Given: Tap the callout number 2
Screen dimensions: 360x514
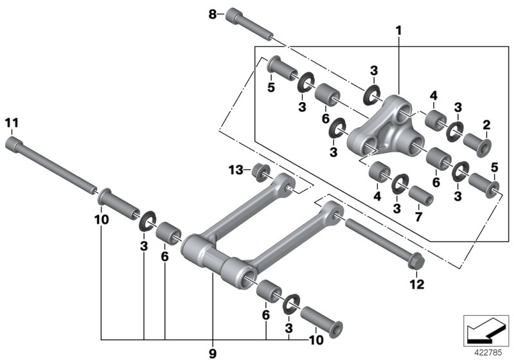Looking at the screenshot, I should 486,124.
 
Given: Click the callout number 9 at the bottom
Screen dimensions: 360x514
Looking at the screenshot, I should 213,352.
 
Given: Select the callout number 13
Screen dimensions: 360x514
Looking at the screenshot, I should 235,169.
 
